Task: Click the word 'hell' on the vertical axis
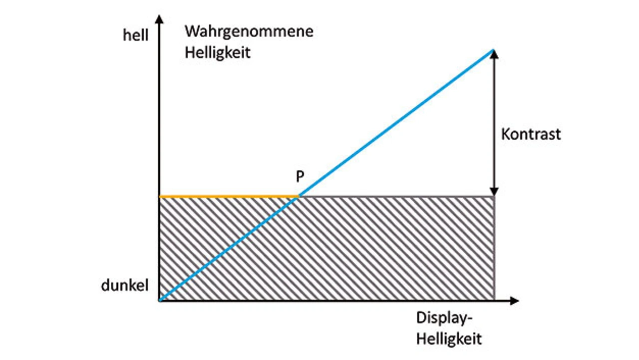tap(135, 36)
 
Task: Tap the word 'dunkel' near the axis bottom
tap(125, 286)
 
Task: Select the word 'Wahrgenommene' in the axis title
tap(249, 31)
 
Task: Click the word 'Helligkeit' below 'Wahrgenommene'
tap(217, 52)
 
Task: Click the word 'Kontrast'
tap(531, 134)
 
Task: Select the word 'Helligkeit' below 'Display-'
tap(449, 339)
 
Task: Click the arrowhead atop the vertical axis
tap(159, 20)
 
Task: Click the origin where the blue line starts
tap(160, 300)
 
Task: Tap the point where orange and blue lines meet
tap(299, 197)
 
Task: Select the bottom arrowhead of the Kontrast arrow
tap(494, 192)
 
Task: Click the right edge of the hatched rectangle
tap(494, 250)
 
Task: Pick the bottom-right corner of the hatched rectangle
tap(494, 300)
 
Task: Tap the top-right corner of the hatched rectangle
tap(494, 197)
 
